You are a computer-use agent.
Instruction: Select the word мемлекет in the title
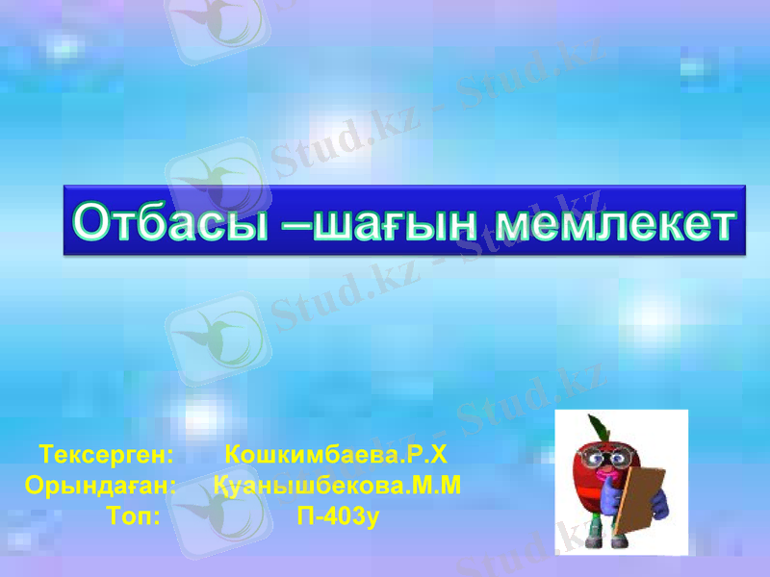pyautogui.click(x=615, y=223)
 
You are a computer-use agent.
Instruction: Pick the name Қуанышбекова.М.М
pyautogui.click(x=338, y=485)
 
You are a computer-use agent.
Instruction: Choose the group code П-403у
pyautogui.click(x=339, y=516)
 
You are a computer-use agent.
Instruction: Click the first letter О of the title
pyautogui.click(x=92, y=223)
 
